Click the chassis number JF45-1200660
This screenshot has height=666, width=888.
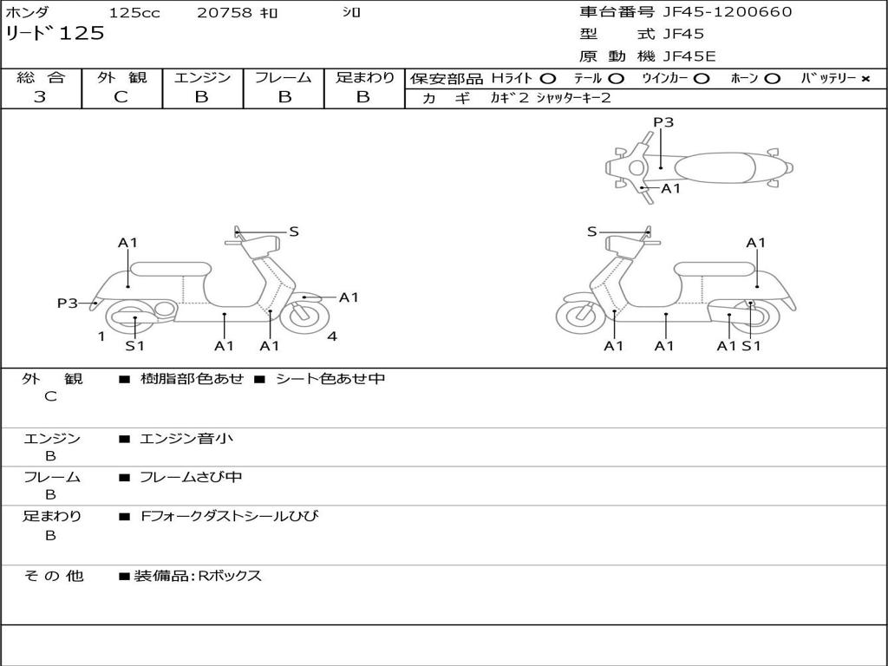coord(728,12)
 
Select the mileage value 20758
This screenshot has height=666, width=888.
coord(224,12)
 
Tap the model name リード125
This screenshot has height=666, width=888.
coord(55,34)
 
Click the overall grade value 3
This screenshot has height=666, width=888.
coord(40,97)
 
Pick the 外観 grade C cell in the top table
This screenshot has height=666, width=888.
coord(121,97)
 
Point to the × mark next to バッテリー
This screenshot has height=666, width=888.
coord(865,79)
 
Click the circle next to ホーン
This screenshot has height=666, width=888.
coord(772,79)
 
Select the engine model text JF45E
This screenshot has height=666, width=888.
coord(689,56)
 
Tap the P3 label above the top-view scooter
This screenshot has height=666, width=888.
coord(663,121)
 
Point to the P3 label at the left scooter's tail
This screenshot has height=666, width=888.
coord(68,303)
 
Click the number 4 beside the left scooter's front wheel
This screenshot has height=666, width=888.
coord(332,336)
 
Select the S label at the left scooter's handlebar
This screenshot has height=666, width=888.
coord(293,232)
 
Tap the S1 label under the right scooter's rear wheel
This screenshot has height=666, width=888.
coord(751,345)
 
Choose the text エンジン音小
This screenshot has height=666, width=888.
coord(186,438)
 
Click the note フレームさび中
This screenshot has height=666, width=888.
coord(191,477)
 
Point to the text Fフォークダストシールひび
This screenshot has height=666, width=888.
coord(229,516)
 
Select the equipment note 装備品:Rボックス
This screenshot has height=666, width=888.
coord(198,576)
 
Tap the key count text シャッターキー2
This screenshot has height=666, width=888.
coord(574,98)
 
